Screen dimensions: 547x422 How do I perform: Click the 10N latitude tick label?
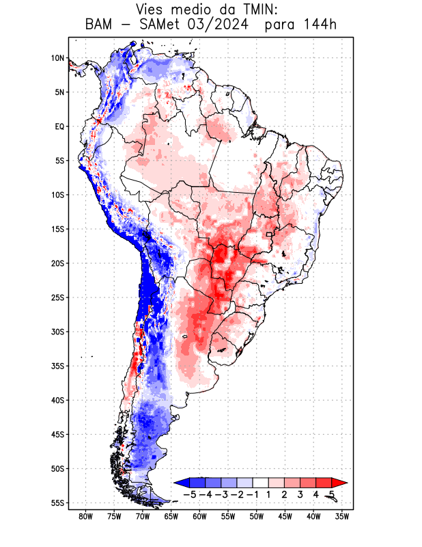coord(57,58)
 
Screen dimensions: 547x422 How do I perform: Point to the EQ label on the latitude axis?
coord(59,126)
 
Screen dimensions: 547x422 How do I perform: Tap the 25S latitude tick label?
coord(57,297)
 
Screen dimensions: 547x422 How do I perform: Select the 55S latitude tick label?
coord(57,503)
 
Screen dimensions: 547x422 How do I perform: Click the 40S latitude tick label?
coord(57,400)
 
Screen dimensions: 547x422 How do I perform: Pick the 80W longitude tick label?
coord(85,517)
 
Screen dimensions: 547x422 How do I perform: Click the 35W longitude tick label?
coord(342,517)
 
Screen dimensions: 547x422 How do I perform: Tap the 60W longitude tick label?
coord(199,517)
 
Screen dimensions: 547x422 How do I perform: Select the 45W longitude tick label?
coord(285,517)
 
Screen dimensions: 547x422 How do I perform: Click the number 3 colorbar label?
coord(300,494)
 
